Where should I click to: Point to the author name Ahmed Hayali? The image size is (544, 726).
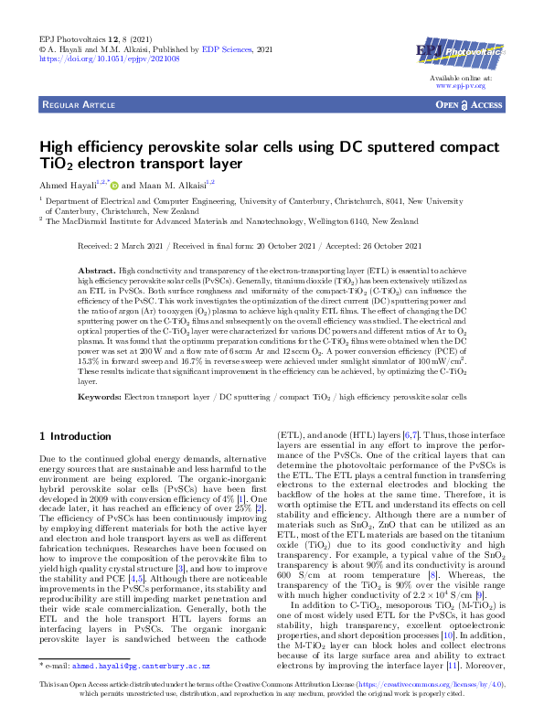coord(68,186)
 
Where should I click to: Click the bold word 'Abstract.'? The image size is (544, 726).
coord(123,272)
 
